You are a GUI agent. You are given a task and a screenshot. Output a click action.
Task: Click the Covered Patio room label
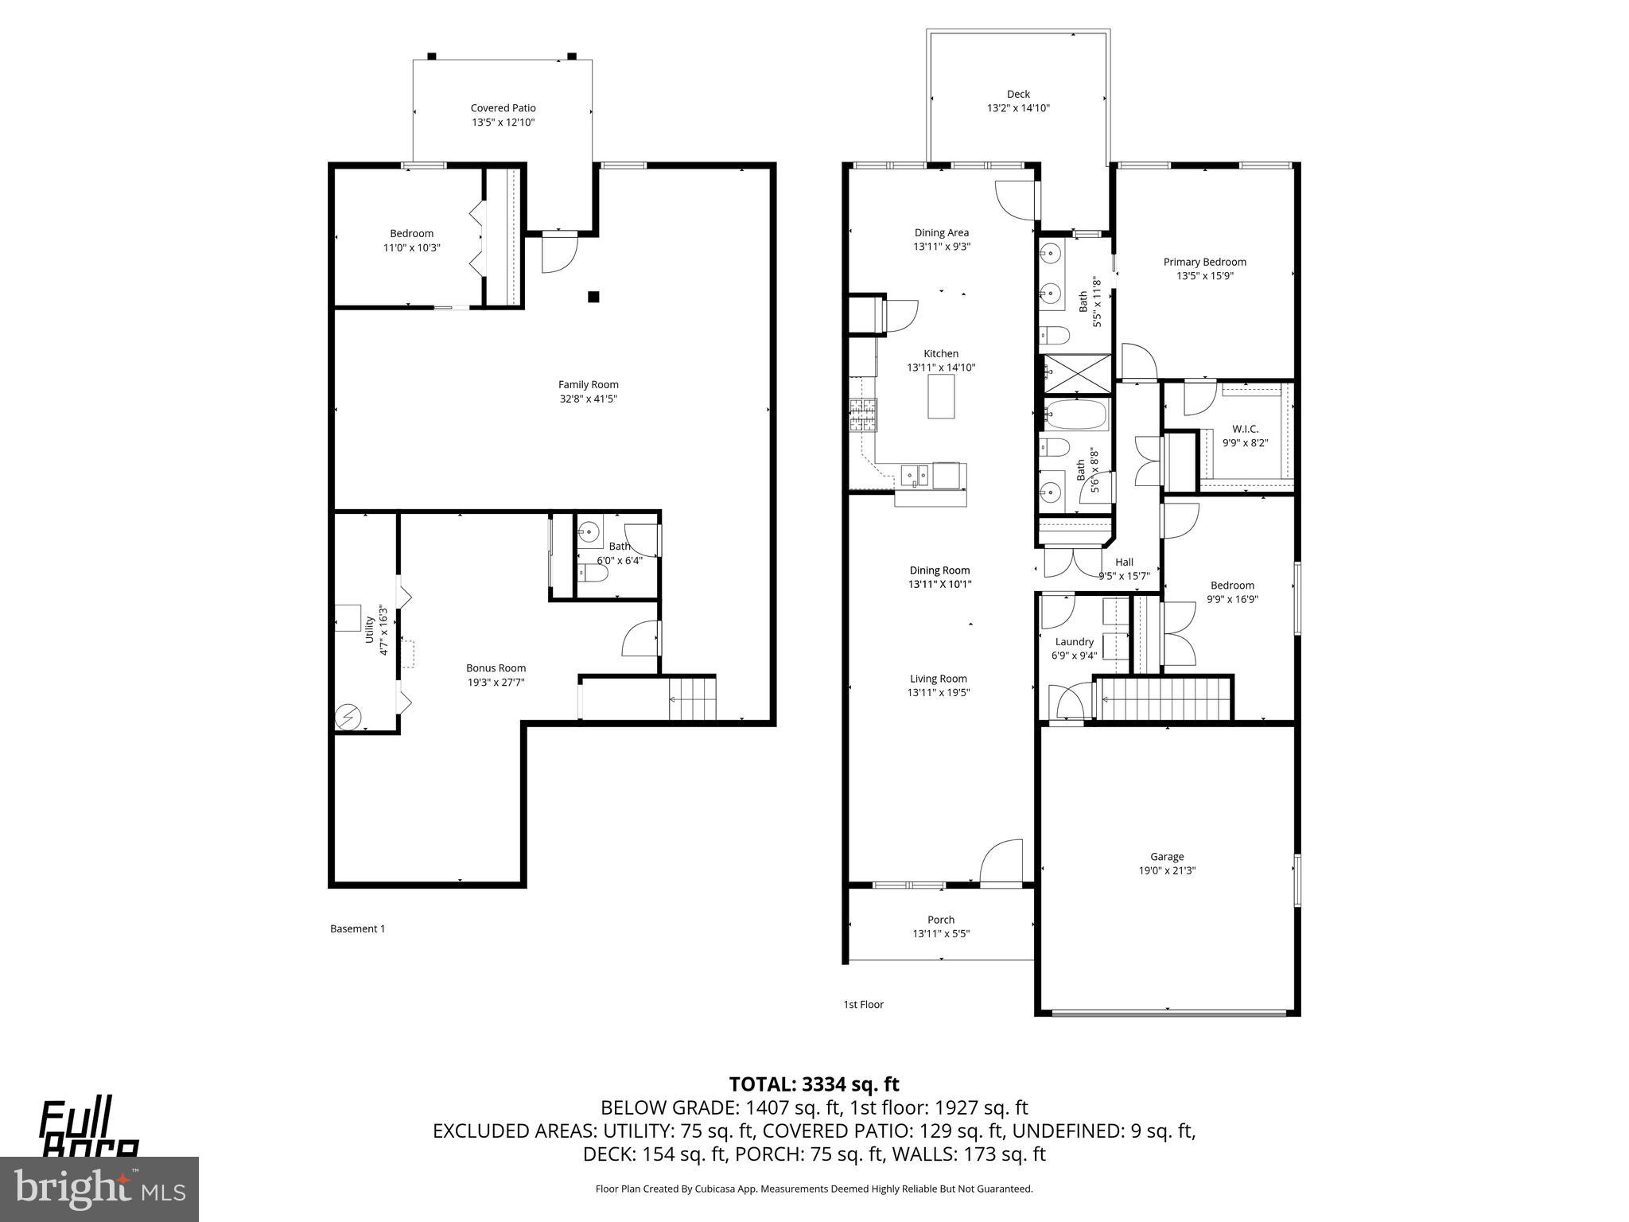pos(503,108)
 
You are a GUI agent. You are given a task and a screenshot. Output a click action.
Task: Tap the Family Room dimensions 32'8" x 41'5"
pos(588,399)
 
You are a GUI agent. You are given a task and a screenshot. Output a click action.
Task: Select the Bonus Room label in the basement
pos(496,668)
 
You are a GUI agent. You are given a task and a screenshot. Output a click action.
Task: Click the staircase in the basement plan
pos(693,699)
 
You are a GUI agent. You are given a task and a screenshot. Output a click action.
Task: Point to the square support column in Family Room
pos(593,298)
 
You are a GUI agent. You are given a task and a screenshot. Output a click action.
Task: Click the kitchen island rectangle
pos(941,396)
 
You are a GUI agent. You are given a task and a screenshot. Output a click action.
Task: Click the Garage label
pos(1167,857)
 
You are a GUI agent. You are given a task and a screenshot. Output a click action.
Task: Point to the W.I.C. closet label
pos(1245,429)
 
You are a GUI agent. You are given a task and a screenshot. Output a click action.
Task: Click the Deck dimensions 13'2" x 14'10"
pos(1018,108)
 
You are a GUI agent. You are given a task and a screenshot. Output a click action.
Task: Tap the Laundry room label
pos(1074,642)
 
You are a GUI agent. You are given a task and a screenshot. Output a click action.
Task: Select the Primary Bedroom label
pos(1204,262)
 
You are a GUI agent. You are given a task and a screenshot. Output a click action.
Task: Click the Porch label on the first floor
pos(941,920)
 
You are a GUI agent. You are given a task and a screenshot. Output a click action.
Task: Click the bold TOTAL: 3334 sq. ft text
pos(814,1084)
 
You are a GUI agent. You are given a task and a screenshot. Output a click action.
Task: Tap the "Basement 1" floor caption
pos(357,928)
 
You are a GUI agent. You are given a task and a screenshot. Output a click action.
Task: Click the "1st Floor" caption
pos(863,1005)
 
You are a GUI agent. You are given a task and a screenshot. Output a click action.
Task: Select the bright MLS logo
pos(99,1189)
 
